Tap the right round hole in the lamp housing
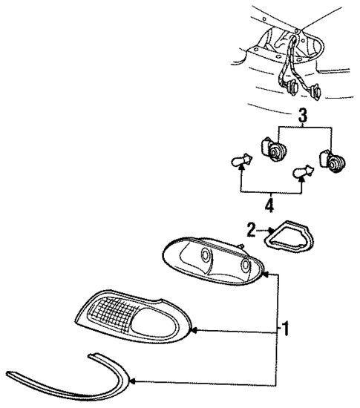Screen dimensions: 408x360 [245, 267]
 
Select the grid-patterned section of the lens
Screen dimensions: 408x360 [126, 315]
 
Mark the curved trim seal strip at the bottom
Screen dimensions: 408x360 [67, 379]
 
